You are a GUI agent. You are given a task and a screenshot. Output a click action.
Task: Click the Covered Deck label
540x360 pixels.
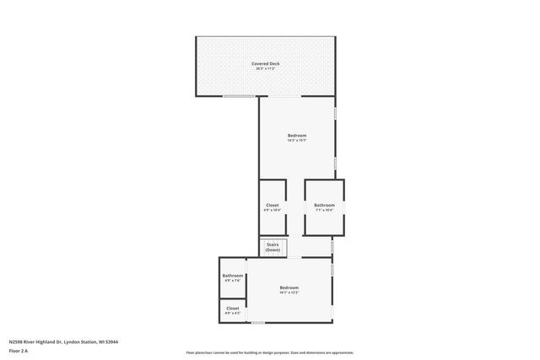click(265, 64)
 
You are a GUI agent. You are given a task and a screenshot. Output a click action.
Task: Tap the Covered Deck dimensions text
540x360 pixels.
click(265, 69)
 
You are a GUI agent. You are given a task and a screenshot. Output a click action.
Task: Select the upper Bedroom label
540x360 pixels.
click(297, 135)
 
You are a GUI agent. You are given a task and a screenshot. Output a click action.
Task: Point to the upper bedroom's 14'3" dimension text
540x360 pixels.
click(297, 141)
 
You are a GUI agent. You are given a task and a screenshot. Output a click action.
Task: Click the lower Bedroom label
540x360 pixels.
click(289, 287)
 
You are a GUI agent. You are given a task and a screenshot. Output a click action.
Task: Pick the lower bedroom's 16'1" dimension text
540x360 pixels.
click(289, 293)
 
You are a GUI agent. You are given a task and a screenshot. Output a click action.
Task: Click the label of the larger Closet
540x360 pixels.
click(273, 205)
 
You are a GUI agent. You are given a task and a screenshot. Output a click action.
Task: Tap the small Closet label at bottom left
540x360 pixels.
click(233, 309)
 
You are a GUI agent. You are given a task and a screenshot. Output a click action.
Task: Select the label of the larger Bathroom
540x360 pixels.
click(325, 205)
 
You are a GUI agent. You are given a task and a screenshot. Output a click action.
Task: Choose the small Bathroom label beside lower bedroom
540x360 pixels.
click(233, 276)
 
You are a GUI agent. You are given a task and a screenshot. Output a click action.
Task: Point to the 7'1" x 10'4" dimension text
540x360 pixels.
click(325, 211)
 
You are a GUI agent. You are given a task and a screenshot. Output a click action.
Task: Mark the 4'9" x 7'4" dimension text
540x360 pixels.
click(233, 281)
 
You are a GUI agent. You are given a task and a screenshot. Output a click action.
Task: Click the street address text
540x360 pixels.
click(63, 341)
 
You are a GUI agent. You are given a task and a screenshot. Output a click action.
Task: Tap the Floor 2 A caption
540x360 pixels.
click(19, 351)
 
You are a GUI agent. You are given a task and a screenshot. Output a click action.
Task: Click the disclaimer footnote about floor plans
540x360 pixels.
click(270, 352)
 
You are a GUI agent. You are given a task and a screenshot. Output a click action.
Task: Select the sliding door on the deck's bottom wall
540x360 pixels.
click(240, 97)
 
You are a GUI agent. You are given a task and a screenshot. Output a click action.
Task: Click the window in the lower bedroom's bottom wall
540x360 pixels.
click(258, 323)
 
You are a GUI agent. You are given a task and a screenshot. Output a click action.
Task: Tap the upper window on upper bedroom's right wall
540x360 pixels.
click(335, 112)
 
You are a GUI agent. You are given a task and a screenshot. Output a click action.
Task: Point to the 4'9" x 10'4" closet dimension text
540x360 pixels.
click(273, 211)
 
